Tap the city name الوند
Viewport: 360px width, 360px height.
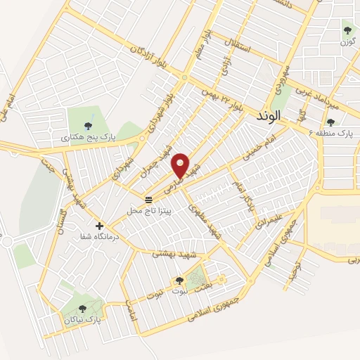[269, 115]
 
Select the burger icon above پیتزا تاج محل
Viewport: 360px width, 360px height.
[148, 200]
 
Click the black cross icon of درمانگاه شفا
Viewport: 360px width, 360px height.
[99, 226]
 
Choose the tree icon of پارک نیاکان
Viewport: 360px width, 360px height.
[83, 308]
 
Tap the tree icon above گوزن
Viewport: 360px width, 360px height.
[346, 30]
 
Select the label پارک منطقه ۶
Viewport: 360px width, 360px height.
[335, 132]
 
